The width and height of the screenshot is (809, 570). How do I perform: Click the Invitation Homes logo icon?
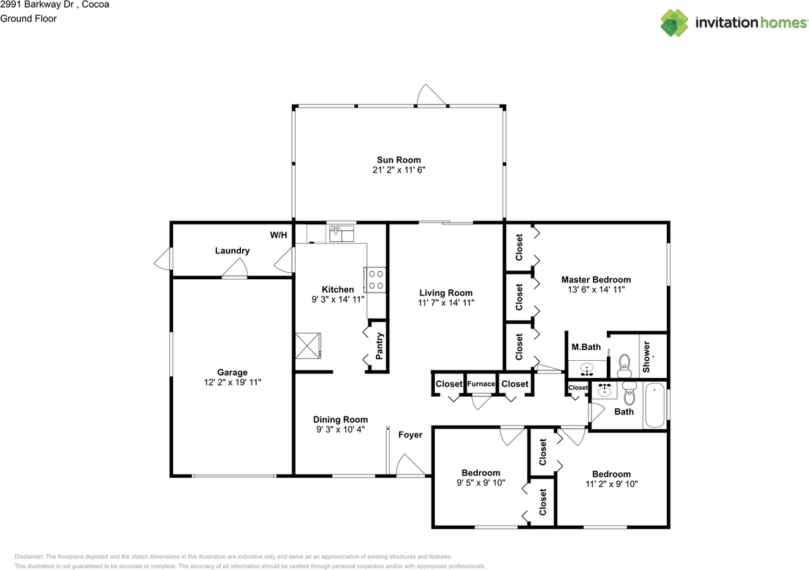[x=674, y=23]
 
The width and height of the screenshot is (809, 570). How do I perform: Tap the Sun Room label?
[x=398, y=160]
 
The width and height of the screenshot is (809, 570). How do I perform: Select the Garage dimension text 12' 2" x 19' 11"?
[x=233, y=382]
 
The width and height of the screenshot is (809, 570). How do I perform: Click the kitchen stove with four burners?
[x=375, y=279]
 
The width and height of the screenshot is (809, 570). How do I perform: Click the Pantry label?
[x=379, y=346]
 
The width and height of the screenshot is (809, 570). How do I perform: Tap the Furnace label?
[x=481, y=384]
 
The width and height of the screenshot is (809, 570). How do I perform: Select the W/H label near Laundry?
[x=278, y=235]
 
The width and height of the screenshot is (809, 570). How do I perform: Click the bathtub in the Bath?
[x=655, y=406]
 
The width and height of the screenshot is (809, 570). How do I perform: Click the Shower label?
[x=647, y=356]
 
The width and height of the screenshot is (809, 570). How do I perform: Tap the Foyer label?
[x=410, y=435]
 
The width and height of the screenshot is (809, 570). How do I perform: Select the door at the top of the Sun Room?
[x=432, y=95]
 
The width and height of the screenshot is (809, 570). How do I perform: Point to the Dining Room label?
[x=341, y=420]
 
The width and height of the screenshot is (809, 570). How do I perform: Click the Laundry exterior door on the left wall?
[x=163, y=259]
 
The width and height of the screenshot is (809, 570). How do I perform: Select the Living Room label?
[x=446, y=293]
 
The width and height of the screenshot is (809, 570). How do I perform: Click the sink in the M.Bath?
[x=588, y=368]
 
